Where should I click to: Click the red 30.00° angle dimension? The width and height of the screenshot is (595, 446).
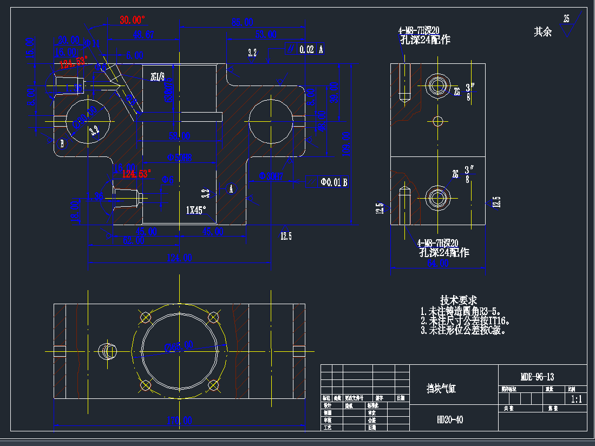pos(133,20)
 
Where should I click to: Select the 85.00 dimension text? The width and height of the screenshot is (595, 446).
pos(243,22)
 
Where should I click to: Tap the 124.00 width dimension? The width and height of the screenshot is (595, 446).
pos(180,258)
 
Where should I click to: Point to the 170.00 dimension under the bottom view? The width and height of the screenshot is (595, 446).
pos(180,420)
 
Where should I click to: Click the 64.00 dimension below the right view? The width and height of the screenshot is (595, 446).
pos(437,263)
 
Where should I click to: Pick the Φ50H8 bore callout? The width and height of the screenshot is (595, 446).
pos(180,158)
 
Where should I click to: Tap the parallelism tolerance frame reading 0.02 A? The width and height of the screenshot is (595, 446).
pos(305,49)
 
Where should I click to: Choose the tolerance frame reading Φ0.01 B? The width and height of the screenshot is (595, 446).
pos(326,182)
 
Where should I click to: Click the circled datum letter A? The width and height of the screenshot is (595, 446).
pos(231,188)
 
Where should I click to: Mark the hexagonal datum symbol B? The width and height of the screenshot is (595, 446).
pos(62,143)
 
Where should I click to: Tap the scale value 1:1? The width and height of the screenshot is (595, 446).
pos(576,399)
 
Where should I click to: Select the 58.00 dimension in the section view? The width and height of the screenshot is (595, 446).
pos(180,135)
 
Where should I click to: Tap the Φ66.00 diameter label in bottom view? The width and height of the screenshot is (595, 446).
pos(180,345)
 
